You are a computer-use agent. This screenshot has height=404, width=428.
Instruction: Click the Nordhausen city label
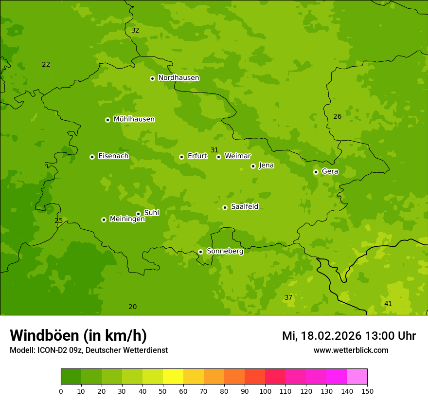coord(178,78)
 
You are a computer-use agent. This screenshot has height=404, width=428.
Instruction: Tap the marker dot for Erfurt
coord(181,157)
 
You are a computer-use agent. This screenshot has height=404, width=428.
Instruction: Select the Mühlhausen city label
coord(134,119)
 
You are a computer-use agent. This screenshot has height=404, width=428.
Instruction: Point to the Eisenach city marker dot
coord(92,157)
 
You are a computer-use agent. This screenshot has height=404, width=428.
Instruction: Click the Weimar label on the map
coord(237,156)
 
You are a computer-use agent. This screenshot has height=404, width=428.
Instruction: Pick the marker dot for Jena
coord(253,166)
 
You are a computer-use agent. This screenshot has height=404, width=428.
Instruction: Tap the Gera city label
coord(330,171)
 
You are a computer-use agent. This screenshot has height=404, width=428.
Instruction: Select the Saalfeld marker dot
coord(225,207)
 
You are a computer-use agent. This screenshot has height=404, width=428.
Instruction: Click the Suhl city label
coord(151,213)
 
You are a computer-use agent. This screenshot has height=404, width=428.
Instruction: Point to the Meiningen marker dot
coord(104,220)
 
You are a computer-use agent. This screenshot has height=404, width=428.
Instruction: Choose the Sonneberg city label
coord(225,251)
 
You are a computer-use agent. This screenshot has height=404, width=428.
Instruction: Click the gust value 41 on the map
coord(388,304)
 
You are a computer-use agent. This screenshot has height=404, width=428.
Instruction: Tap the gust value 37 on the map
coord(288,297)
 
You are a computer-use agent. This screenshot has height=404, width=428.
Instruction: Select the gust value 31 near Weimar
coord(214,150)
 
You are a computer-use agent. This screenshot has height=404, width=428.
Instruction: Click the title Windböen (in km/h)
coord(78,335)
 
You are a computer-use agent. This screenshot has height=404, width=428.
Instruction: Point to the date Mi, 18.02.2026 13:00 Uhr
coord(349,336)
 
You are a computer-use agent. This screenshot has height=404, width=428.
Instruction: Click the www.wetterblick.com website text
coord(351,350)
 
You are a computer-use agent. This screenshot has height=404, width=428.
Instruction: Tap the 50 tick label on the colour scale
coord(163,391)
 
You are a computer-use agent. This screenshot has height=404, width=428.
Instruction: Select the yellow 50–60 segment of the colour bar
coord(173,377)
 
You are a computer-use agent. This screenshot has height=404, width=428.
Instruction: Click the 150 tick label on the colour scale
coord(367,391)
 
